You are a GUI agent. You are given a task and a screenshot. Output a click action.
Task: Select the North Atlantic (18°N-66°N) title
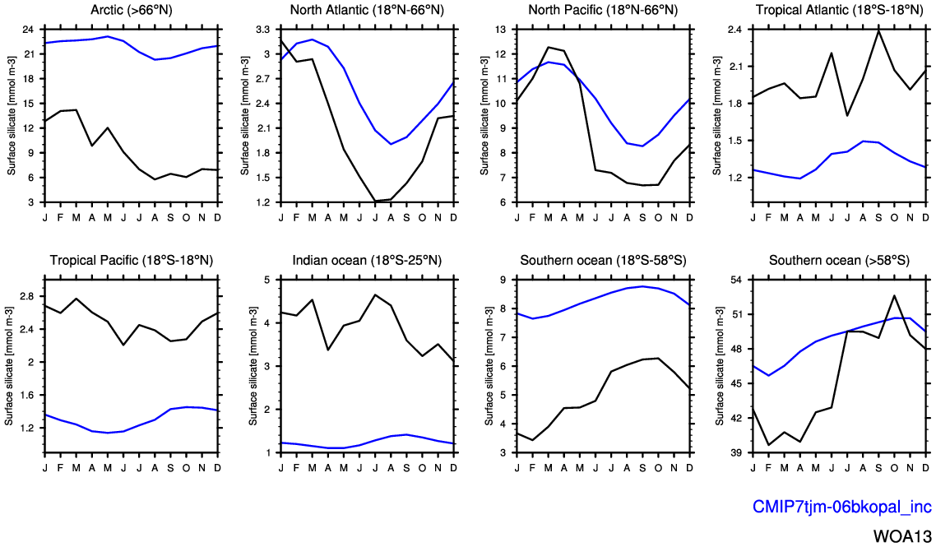[x=366, y=10]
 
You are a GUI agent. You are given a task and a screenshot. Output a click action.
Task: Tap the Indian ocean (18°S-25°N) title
[x=367, y=261]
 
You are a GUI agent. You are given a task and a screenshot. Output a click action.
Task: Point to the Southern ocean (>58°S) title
[x=839, y=261]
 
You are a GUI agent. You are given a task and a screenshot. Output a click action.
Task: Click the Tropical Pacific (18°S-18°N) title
[x=132, y=261]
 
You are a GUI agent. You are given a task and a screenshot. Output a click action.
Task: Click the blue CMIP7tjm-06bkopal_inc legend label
[x=842, y=507]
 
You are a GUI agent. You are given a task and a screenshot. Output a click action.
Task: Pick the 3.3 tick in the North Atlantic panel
[x=263, y=30]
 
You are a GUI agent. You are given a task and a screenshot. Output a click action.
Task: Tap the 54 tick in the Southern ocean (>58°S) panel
[x=737, y=280]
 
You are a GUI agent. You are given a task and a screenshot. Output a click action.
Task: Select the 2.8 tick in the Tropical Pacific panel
[x=27, y=296]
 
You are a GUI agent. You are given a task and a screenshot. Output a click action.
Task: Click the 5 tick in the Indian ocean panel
[x=266, y=280]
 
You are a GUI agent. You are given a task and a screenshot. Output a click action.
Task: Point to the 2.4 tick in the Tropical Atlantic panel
[x=735, y=30]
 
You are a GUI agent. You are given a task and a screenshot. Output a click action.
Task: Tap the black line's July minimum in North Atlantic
[x=374, y=201]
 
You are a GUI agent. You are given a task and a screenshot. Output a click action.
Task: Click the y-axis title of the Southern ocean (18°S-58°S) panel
[x=485, y=366]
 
